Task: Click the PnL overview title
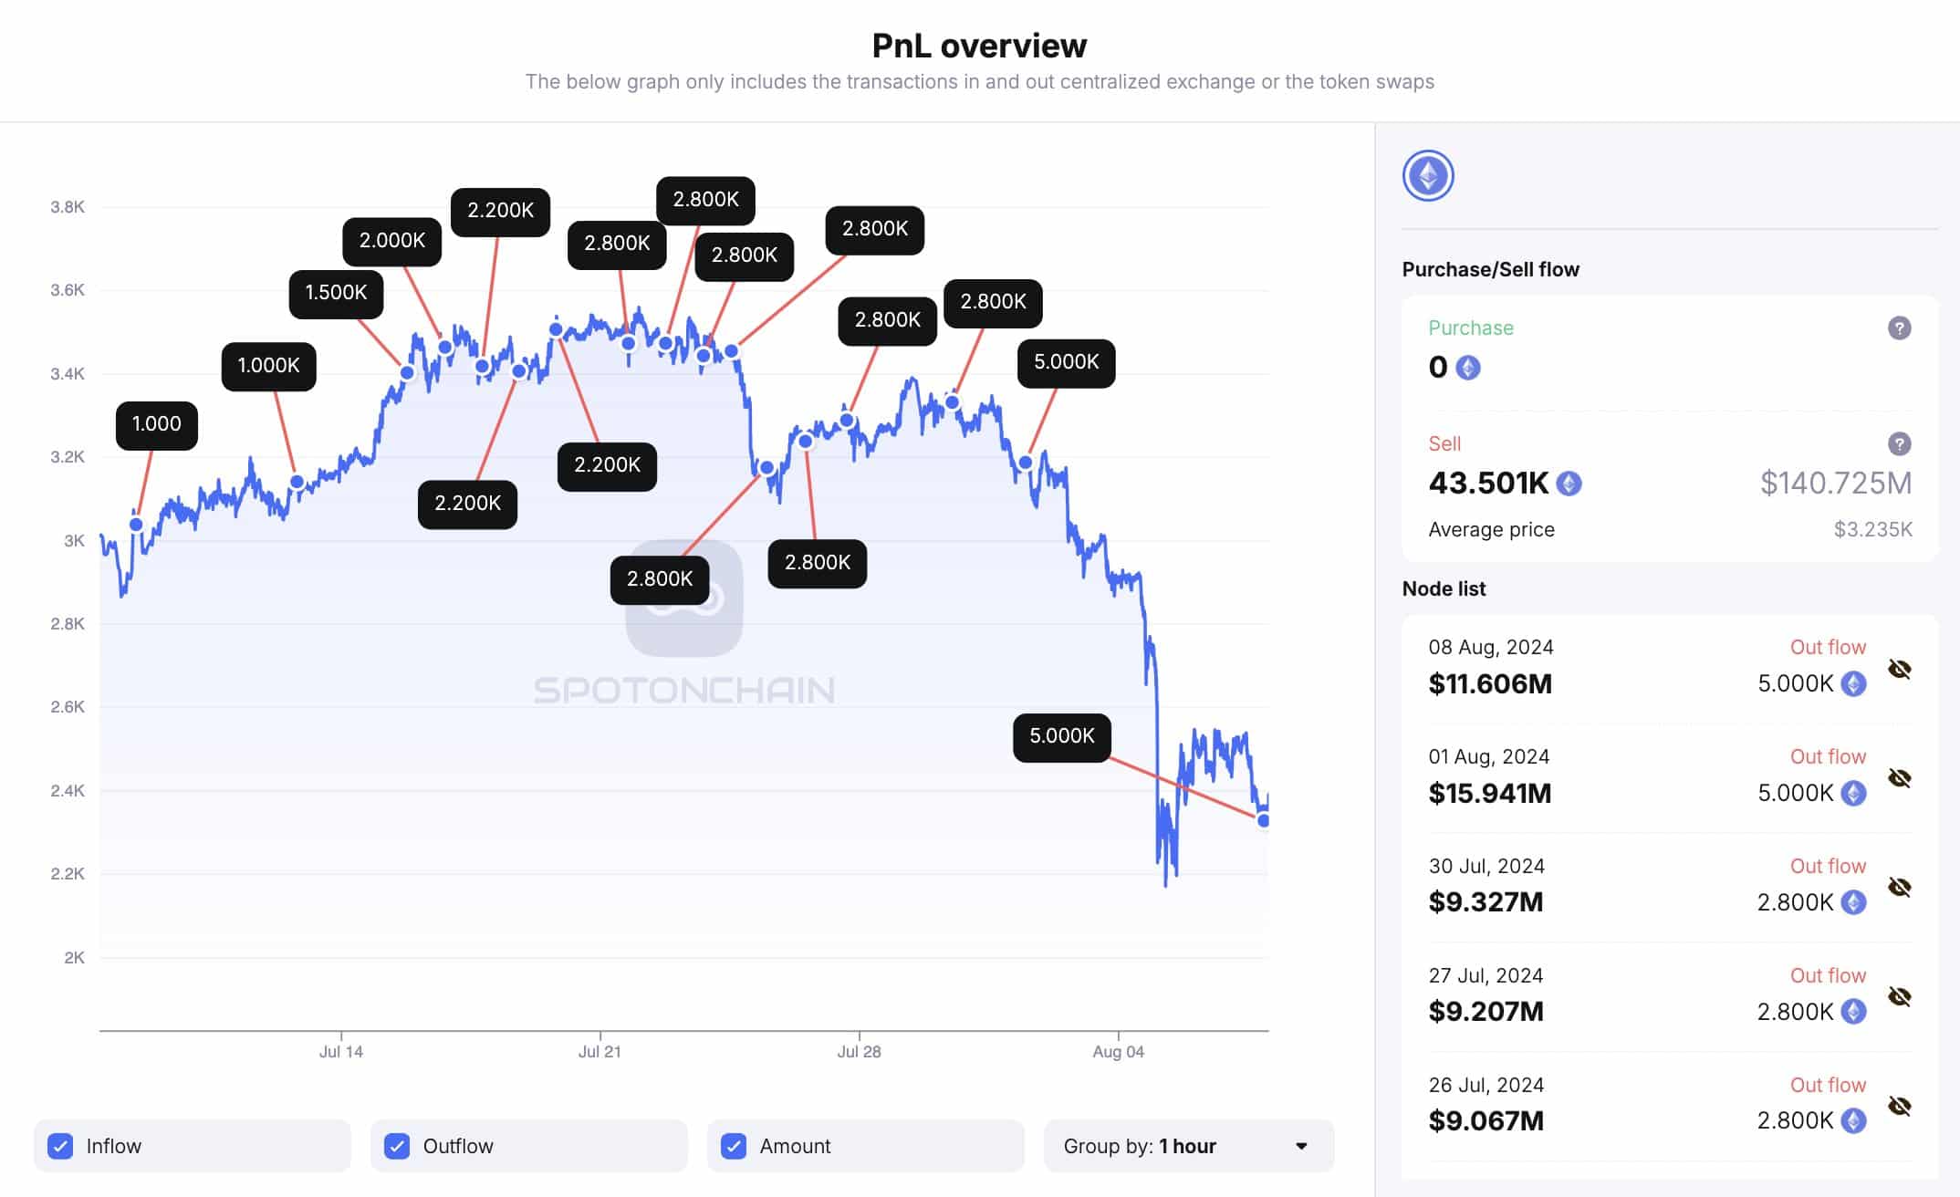click(x=979, y=46)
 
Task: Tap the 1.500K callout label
click(x=336, y=293)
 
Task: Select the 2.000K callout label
click(x=391, y=241)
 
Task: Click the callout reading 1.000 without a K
click(x=156, y=424)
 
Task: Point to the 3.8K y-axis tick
click(x=68, y=207)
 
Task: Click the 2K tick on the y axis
click(x=74, y=958)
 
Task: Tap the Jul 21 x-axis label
click(x=599, y=1052)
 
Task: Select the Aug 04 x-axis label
click(x=1118, y=1052)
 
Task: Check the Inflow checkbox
click(x=60, y=1146)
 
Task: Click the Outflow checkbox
click(x=397, y=1146)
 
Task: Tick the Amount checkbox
click(x=734, y=1146)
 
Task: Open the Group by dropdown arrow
click(x=1301, y=1146)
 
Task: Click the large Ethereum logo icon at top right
click(x=1428, y=176)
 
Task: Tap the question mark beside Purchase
click(x=1899, y=328)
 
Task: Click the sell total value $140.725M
click(x=1835, y=483)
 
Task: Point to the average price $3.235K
click(x=1872, y=530)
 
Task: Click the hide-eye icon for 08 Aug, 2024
click(x=1899, y=669)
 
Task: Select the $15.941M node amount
click(x=1489, y=793)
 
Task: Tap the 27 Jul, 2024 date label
click(x=1485, y=975)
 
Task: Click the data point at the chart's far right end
click(x=1264, y=820)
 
